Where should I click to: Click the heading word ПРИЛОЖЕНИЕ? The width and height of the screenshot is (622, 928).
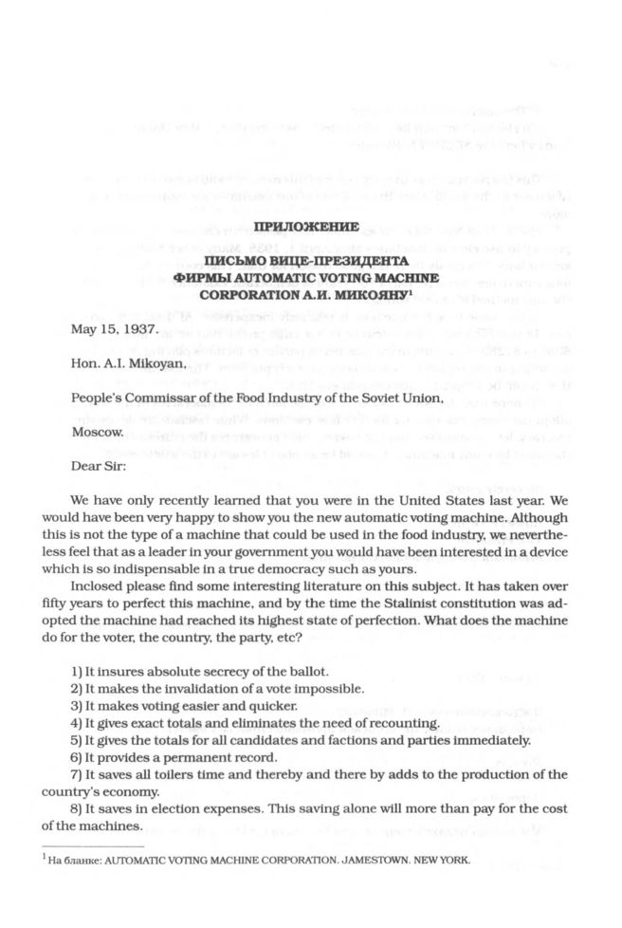[x=311, y=228]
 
